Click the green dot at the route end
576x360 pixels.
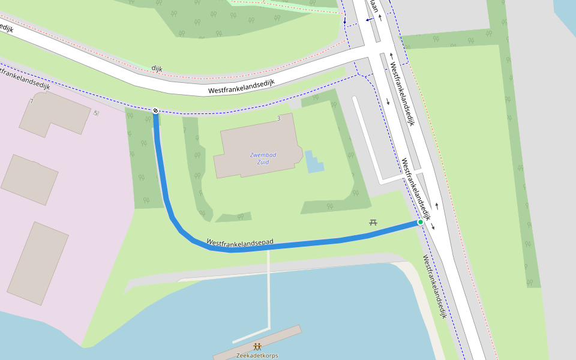[421, 222]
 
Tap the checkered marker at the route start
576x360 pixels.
[155, 110]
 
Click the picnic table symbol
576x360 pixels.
[373, 223]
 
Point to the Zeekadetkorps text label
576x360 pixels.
[257, 355]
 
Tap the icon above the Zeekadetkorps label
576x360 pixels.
[257, 346]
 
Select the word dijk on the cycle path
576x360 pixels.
[157, 68]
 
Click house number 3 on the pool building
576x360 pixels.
[279, 119]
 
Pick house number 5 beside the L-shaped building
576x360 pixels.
[95, 113]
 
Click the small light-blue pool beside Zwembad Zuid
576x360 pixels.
[313, 162]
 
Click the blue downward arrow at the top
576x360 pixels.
[345, 22]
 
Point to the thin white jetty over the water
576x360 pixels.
[269, 294]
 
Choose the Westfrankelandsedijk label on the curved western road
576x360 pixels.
[241, 88]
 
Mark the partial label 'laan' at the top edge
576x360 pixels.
[374, 5]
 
